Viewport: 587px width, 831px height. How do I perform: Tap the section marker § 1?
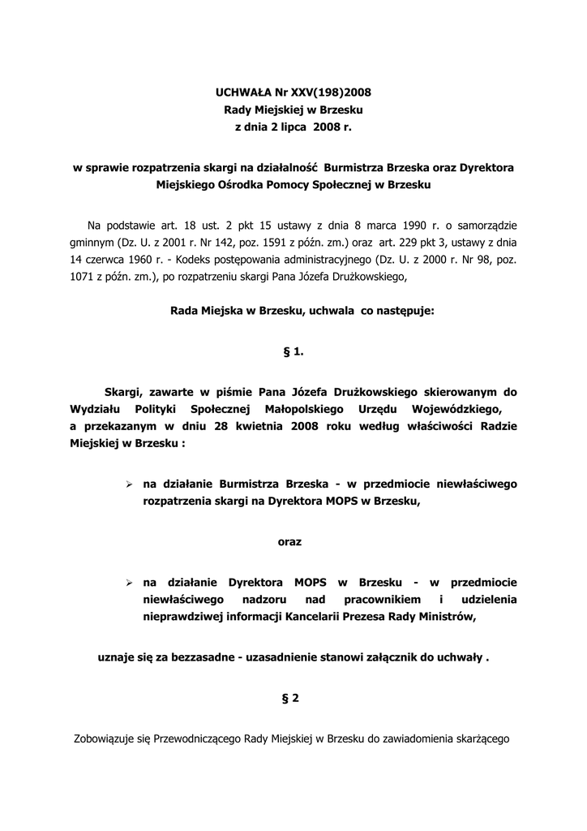pyautogui.click(x=293, y=352)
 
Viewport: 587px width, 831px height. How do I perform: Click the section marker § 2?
pyautogui.click(x=293, y=696)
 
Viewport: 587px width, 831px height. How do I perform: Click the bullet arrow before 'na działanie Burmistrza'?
pyautogui.click(x=128, y=484)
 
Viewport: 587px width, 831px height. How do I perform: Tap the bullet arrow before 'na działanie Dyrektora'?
pyautogui.click(x=128, y=582)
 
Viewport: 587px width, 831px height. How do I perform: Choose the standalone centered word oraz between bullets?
pyautogui.click(x=289, y=541)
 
